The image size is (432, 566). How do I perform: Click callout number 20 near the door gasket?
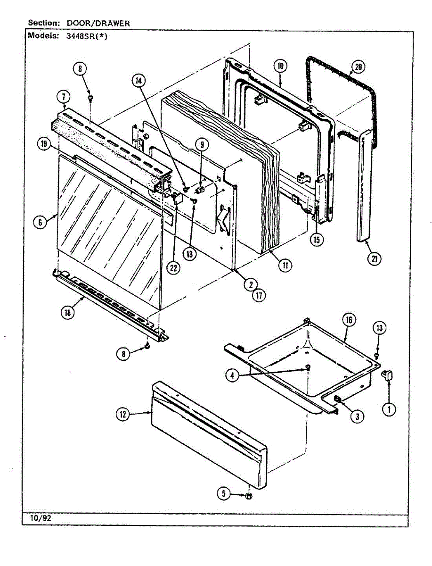[x=358, y=67]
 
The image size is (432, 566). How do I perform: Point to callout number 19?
[x=44, y=145]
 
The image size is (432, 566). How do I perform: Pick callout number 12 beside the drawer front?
[x=123, y=415]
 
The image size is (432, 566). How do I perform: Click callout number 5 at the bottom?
[x=224, y=494]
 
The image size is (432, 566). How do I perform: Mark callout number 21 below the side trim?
[x=375, y=259]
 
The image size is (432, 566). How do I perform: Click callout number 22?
[x=173, y=267]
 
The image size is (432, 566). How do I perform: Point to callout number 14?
[x=139, y=81]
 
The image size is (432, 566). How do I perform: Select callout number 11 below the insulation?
[x=285, y=266]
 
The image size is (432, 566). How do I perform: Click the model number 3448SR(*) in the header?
[x=87, y=36]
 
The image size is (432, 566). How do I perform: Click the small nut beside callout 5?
[x=248, y=496]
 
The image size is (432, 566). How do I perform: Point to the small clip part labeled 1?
[x=389, y=375]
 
